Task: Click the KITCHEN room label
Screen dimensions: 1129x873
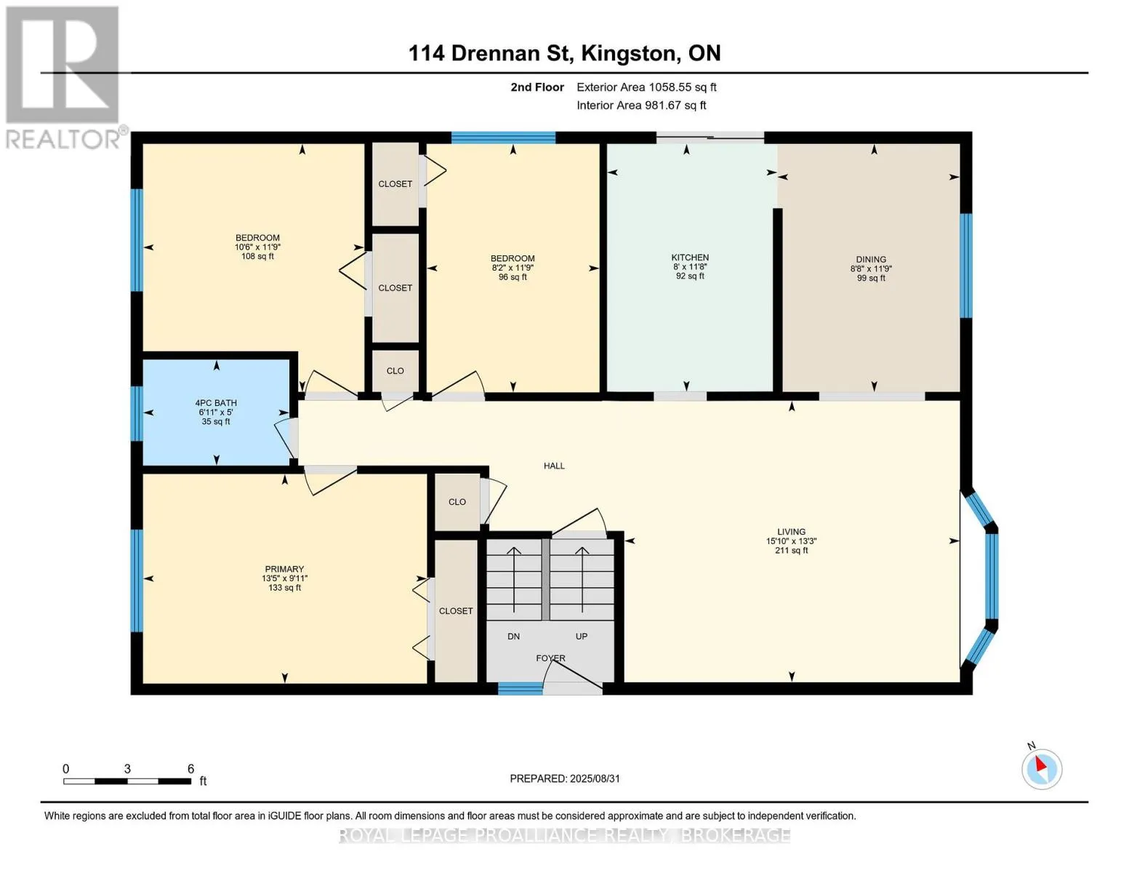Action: pos(689,258)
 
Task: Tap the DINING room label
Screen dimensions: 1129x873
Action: pos(871,260)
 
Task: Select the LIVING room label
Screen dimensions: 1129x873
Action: pos(791,531)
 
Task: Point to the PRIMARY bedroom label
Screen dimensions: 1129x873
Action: pos(284,569)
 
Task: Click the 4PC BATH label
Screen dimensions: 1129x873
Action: pos(216,402)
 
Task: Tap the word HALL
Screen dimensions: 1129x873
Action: pos(554,466)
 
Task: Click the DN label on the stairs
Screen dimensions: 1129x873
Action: pos(513,637)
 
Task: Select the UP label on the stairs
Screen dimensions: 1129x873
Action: pos(582,637)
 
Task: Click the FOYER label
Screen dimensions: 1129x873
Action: pos(551,658)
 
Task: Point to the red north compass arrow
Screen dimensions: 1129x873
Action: pos(1041,764)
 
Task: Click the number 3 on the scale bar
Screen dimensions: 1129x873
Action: pos(127,768)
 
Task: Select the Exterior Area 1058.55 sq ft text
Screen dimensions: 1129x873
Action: pos(646,87)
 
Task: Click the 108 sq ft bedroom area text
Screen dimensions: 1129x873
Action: pos(257,256)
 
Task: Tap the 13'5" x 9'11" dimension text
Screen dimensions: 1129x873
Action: pos(284,578)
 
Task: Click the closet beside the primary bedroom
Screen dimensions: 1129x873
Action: pos(456,611)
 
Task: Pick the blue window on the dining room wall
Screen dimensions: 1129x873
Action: pos(966,266)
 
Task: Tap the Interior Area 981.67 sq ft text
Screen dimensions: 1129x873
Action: pos(641,105)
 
